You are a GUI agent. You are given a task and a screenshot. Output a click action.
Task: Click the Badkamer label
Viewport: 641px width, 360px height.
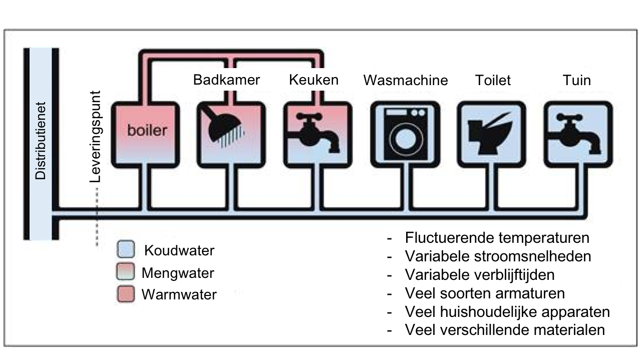pos(226,80)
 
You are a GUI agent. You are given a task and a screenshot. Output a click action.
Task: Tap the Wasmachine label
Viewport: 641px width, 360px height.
pos(405,80)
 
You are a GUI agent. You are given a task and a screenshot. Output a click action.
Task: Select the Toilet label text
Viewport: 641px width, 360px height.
pos(493,80)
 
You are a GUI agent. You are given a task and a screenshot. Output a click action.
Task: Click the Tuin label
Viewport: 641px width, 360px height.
pos(576,80)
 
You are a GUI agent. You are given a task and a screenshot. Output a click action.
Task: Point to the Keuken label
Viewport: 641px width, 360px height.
pos(313,80)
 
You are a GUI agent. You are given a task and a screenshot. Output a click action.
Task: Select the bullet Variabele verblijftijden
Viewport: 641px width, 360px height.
pos(479,275)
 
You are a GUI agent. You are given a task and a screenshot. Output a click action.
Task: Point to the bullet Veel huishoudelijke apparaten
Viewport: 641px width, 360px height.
pos(507,312)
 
